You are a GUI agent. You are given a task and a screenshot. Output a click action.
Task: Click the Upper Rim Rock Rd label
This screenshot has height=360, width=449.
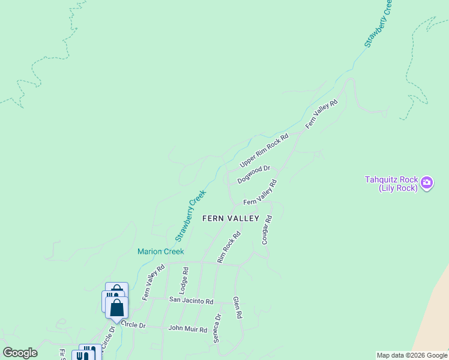[x=264, y=150]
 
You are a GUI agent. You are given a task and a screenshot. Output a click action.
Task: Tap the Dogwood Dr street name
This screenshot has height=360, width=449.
[x=254, y=175]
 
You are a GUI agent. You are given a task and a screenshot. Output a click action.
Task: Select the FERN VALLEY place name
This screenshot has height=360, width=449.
[x=231, y=218]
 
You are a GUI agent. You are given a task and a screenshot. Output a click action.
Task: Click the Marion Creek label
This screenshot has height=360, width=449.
[x=160, y=251]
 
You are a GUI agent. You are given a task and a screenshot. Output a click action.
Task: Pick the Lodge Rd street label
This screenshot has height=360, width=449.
[x=184, y=280]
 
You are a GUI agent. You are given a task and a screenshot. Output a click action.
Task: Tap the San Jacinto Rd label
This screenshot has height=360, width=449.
[x=191, y=301]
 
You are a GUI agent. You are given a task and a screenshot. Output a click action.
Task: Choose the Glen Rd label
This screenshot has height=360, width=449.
[x=237, y=307]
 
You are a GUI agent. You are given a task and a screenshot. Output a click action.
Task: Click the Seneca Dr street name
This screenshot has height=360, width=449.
[x=217, y=328]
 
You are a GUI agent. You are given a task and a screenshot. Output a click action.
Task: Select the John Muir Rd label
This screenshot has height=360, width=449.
[x=187, y=329]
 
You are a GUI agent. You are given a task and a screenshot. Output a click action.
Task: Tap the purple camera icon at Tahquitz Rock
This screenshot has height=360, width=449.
[x=427, y=182]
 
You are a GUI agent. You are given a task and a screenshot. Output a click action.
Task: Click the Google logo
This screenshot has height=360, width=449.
[x=20, y=353]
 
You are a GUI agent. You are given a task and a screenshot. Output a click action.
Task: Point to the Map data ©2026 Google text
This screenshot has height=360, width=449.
[x=411, y=355]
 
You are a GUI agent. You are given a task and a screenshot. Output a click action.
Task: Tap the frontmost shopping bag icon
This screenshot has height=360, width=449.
[x=117, y=308]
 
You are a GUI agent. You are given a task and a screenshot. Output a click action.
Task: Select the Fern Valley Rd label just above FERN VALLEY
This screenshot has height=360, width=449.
[x=259, y=193]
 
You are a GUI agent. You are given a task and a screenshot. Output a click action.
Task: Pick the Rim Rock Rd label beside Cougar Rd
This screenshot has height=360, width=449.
[x=229, y=247]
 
